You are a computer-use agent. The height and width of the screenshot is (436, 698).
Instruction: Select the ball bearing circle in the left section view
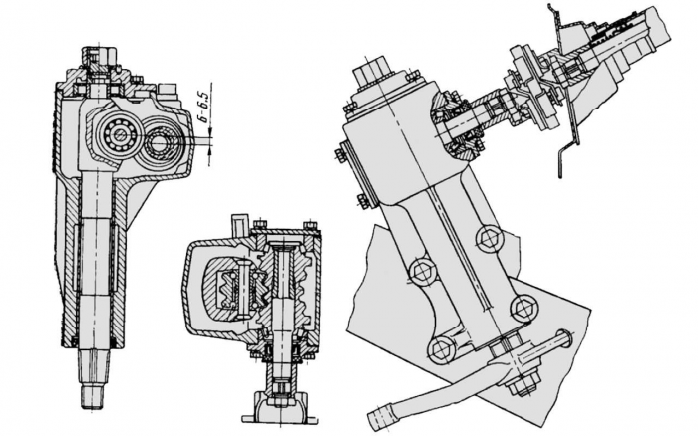(x=118, y=132)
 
